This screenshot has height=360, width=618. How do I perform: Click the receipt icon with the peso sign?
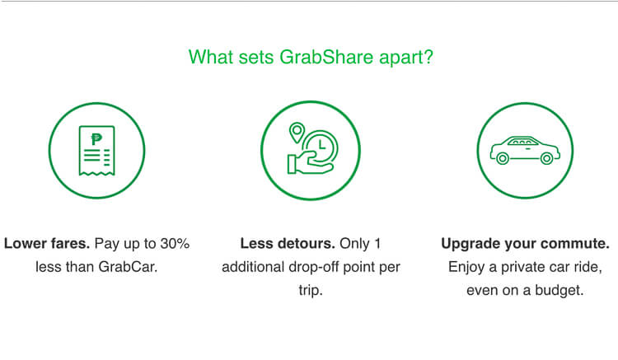96,150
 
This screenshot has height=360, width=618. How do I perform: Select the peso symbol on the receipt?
96,139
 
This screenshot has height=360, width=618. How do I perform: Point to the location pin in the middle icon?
295,133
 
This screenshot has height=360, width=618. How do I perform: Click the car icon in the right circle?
525,150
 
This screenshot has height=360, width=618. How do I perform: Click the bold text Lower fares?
48,244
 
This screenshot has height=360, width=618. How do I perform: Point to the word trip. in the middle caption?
310,291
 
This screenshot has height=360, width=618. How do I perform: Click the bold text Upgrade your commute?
525,244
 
